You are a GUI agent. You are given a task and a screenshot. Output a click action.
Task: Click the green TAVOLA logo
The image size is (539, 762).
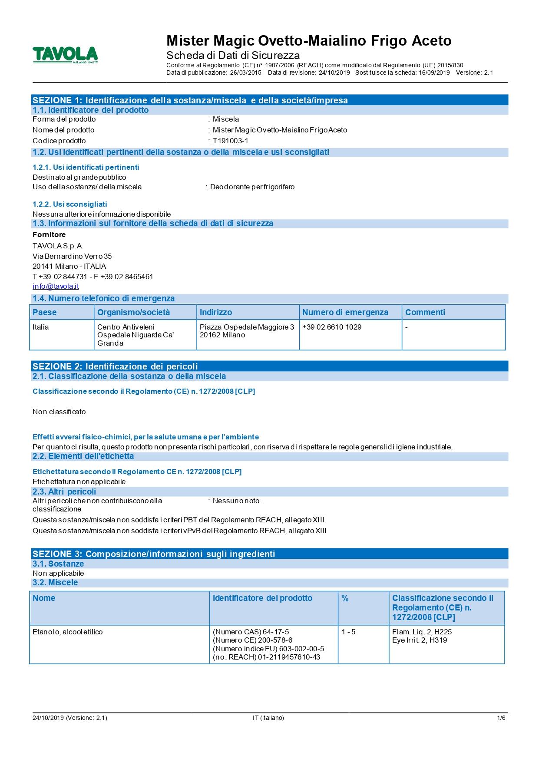(65, 56)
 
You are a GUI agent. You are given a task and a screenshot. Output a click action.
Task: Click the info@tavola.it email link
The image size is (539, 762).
(56, 287)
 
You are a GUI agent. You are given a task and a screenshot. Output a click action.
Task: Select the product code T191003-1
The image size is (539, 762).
(230, 141)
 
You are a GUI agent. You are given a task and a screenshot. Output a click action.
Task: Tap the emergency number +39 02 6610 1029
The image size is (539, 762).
(332, 327)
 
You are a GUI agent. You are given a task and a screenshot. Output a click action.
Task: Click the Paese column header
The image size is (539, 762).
(44, 313)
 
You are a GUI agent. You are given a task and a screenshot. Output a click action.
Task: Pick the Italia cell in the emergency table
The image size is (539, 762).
(41, 327)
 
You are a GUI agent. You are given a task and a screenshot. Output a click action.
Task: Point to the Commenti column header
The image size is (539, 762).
(425, 313)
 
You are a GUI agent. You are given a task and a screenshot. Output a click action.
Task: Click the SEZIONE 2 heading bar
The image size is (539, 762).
(269, 366)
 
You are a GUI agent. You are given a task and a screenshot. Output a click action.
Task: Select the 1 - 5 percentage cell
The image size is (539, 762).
(348, 632)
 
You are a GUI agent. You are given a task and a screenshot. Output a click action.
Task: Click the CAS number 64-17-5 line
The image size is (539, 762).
(251, 632)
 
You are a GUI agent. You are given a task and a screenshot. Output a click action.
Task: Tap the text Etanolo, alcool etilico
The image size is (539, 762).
(68, 632)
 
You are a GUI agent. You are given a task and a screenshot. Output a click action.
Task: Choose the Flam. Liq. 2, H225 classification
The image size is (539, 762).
(422, 632)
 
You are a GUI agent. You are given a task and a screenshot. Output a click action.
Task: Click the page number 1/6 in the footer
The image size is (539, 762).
(501, 718)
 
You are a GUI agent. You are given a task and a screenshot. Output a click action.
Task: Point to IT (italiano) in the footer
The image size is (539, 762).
(268, 718)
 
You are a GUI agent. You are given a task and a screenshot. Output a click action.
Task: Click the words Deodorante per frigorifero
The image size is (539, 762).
(252, 187)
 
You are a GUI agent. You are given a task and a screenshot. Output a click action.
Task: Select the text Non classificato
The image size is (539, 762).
(59, 412)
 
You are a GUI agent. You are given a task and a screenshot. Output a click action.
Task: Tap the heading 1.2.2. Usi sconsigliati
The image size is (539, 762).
(69, 204)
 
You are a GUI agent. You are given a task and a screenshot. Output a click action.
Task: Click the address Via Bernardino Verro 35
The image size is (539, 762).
(72, 256)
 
